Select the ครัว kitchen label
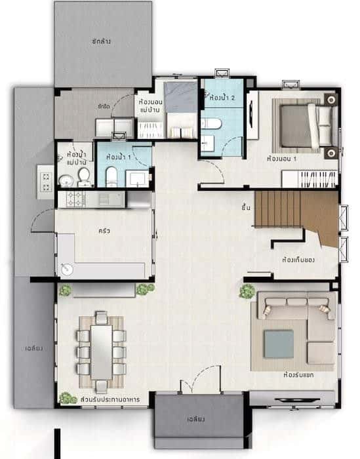tap(104, 231)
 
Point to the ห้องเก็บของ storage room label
tap(298, 260)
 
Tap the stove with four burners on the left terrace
tap(47, 182)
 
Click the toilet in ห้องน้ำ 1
tap(111, 174)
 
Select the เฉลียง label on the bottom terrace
tap(197, 418)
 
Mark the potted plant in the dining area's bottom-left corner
tap(66, 397)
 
